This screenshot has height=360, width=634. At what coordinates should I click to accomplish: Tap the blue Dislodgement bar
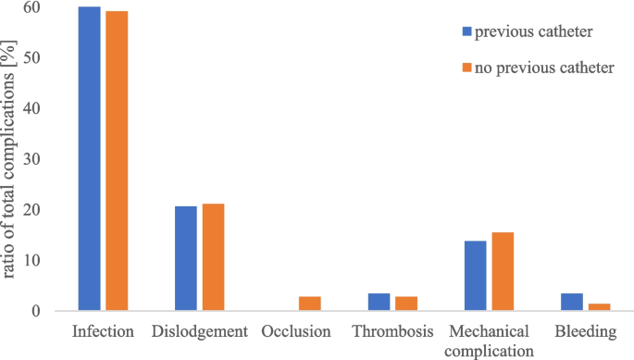point(186,259)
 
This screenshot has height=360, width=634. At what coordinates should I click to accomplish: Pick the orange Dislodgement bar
point(213,258)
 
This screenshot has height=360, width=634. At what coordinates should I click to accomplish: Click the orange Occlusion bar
point(310,304)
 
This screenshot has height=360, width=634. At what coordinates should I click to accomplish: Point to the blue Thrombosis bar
point(379,303)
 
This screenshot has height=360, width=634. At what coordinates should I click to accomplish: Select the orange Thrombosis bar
point(406,304)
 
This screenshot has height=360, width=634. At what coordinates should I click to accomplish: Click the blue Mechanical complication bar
point(476,277)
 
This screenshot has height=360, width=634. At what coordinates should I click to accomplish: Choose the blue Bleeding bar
point(572,303)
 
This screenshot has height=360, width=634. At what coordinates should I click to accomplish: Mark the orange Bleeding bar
point(599,307)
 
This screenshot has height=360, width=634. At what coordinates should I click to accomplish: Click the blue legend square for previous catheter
point(466,31)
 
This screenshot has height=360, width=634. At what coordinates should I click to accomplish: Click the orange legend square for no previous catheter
point(466,68)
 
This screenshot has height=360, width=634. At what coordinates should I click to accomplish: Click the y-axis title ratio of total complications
point(11,157)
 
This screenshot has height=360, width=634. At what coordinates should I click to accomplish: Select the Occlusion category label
point(296,331)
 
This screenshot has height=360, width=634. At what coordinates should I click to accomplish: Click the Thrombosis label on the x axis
point(392,331)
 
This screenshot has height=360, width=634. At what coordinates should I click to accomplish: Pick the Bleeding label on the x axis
point(585,331)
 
